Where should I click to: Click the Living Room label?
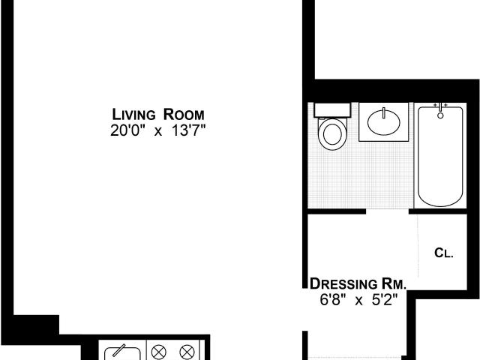[158, 115]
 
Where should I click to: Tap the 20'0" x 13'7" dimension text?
[158, 130]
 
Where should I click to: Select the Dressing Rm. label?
[358, 283]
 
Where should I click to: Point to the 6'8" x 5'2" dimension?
[358, 300]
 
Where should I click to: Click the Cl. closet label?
[443, 253]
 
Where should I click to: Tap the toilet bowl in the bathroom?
[332, 134]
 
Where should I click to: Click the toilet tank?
[332, 110]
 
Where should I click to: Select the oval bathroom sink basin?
[383, 123]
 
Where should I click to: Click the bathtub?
[440, 156]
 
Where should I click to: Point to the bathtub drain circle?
[440, 115]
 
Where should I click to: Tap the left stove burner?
[159, 352]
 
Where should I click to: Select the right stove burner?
[187, 352]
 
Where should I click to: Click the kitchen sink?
[122, 353]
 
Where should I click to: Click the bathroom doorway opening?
[387, 211]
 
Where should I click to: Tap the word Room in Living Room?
[184, 115]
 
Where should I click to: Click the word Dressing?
[343, 283]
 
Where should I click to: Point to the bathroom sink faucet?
[383, 112]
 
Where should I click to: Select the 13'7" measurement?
[188, 130]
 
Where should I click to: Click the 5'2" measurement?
[385, 300]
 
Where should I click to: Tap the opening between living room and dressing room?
[305, 310]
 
